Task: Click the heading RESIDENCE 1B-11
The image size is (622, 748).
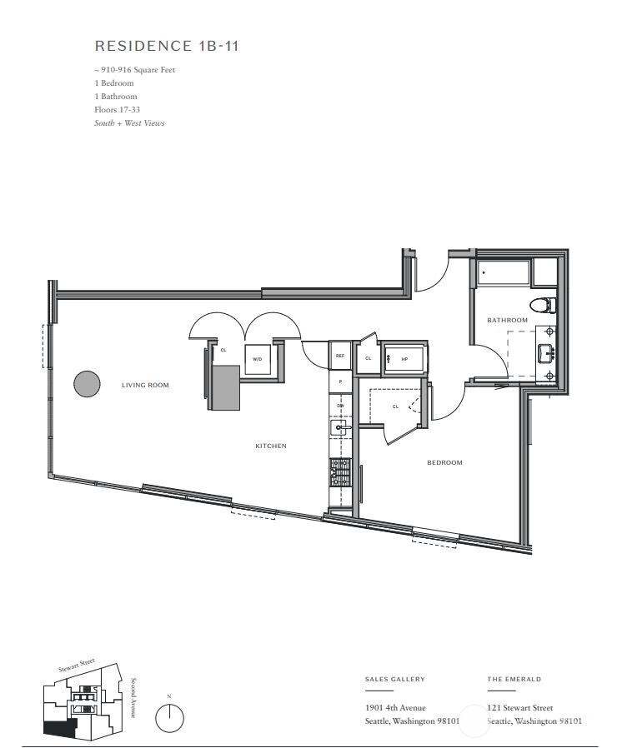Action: click(167, 46)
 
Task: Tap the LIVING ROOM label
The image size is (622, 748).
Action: click(145, 385)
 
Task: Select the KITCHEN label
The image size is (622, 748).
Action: click(270, 446)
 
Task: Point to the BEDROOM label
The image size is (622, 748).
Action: click(444, 462)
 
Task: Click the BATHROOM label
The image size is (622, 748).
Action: click(508, 320)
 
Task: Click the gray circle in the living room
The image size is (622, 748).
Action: click(87, 384)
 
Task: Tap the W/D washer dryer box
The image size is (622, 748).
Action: click(257, 359)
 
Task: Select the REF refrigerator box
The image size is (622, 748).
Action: click(340, 356)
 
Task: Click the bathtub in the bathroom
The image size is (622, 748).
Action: click(504, 273)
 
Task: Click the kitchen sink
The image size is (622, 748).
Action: click(339, 429)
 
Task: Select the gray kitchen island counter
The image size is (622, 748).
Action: click(223, 387)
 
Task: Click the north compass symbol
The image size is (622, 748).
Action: click(169, 716)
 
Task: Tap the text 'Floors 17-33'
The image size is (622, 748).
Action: click(116, 110)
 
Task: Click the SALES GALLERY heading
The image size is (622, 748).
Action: click(394, 679)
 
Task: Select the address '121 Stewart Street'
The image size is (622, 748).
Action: click(519, 707)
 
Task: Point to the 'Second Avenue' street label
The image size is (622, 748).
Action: click(132, 696)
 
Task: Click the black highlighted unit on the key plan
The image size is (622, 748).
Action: click(58, 728)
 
